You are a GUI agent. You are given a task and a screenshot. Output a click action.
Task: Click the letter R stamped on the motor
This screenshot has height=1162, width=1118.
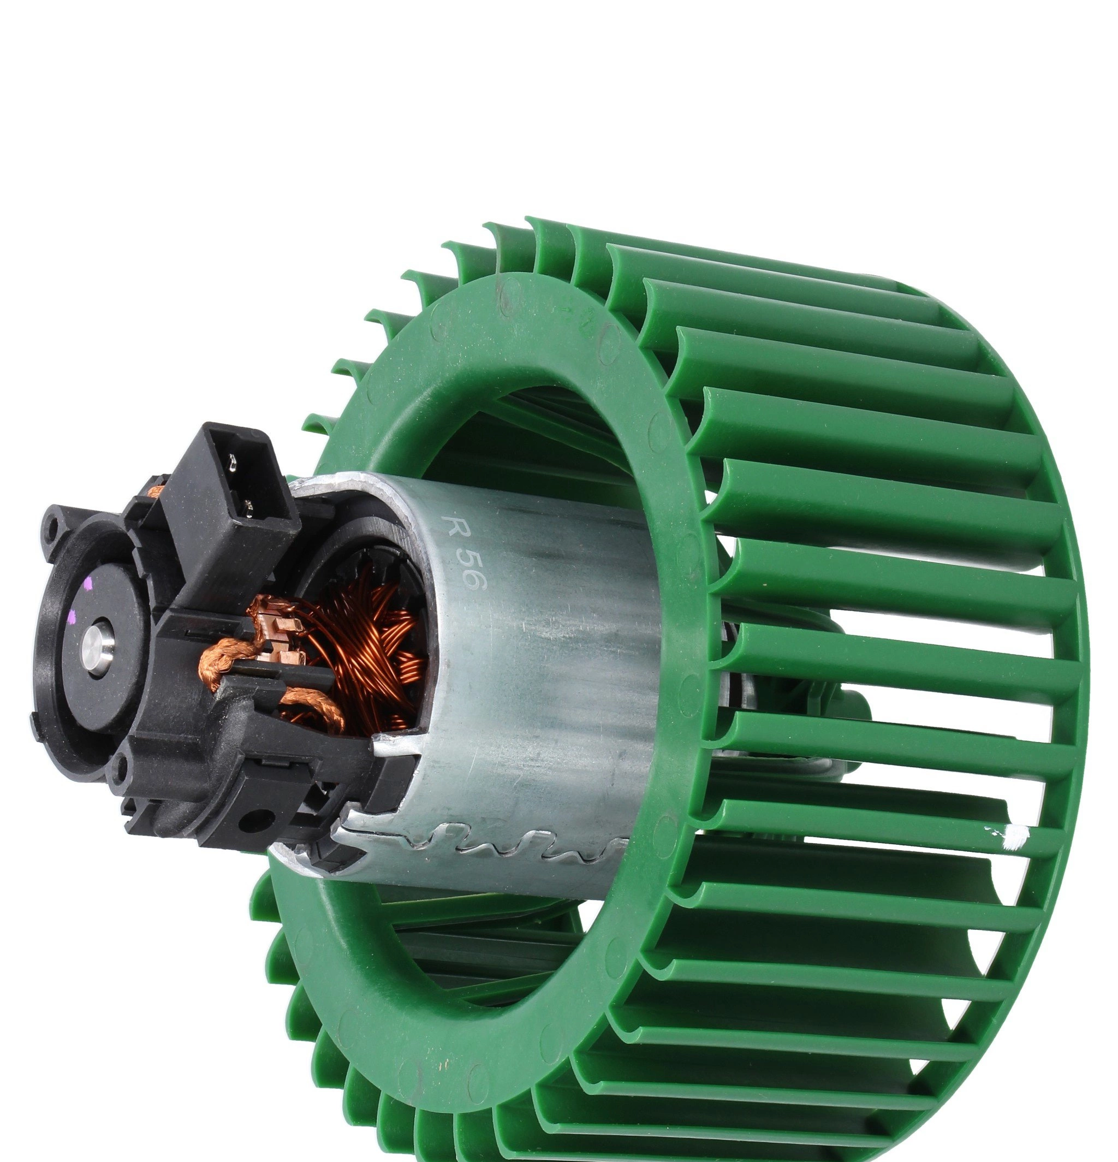[456, 527]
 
